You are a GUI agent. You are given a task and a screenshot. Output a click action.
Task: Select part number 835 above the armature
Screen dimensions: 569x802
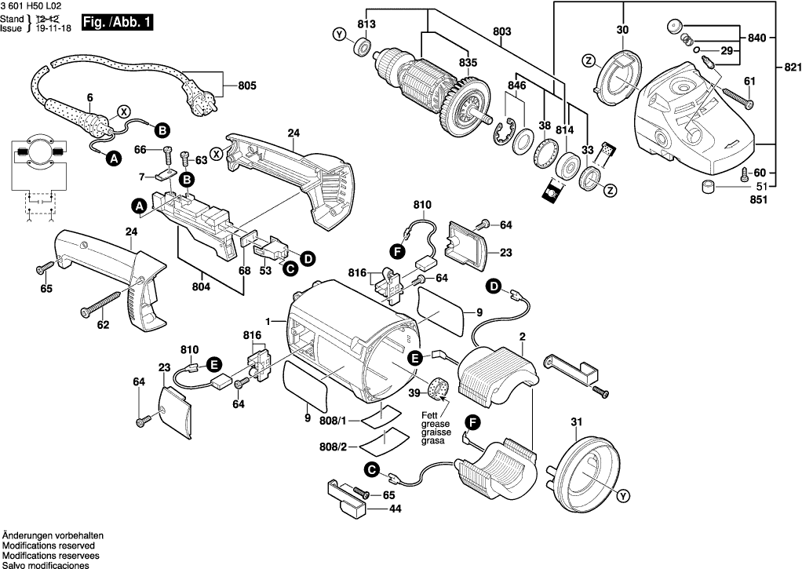[468, 62]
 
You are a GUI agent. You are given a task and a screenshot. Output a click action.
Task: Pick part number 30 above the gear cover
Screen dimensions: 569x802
[622, 30]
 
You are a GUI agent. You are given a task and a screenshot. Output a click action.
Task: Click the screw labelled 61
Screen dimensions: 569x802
[736, 97]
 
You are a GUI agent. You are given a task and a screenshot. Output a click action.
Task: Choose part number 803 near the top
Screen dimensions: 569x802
[502, 31]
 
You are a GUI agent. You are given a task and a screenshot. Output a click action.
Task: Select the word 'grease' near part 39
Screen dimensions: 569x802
[435, 423]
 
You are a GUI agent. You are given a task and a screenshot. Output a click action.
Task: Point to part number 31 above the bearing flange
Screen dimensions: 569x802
[578, 422]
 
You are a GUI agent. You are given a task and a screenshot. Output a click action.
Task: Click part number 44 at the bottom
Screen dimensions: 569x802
[394, 509]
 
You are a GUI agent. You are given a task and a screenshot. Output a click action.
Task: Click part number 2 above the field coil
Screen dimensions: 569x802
[521, 337]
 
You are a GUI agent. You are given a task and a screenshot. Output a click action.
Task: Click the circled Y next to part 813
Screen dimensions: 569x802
[338, 35]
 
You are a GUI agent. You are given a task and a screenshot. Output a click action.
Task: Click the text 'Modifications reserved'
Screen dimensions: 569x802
[49, 545]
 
